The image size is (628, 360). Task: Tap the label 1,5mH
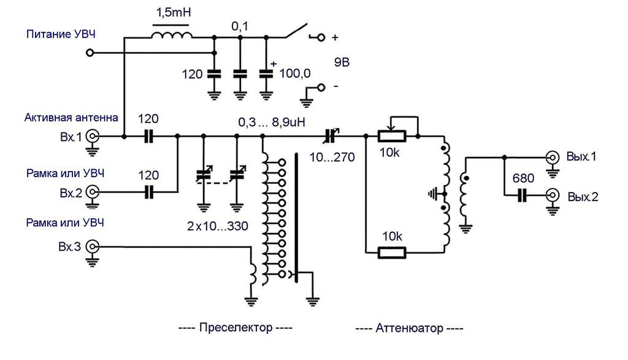coord(174,12)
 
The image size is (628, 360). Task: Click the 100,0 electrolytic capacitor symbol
coord(266,74)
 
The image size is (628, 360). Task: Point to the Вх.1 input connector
coord(93,137)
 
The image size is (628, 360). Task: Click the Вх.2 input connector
coord(93,193)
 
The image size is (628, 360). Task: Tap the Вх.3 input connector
coord(93,247)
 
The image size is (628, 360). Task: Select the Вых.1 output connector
coord(553,158)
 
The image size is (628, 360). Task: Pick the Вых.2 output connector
coord(553,196)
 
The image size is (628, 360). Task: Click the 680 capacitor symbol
coord(521,196)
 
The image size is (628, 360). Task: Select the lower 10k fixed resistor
coord(392,253)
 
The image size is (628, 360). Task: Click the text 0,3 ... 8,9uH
coord(272,121)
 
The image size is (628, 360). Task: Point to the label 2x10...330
coord(218,226)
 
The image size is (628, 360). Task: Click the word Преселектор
coord(235,327)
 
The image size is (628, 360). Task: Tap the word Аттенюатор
coord(409,328)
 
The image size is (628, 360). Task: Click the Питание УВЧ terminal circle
coord(90,53)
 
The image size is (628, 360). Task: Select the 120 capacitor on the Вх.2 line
coord(148,193)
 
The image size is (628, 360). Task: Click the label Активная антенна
coord(71,117)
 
